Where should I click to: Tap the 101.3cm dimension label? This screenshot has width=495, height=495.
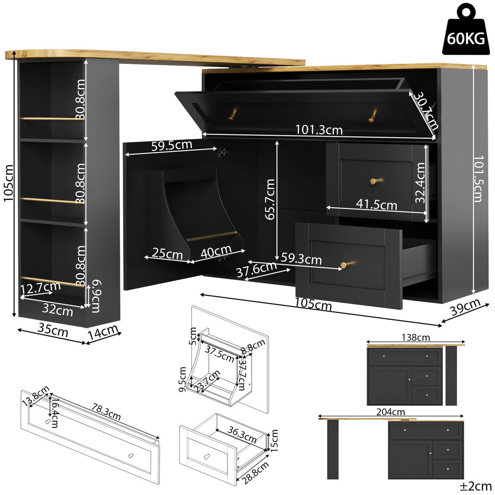tap(319, 130)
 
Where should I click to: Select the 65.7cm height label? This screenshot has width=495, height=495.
tap(270, 199)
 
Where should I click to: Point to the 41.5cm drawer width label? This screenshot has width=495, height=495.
tap(377, 204)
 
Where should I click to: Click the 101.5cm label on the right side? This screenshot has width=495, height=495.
tap(478, 179)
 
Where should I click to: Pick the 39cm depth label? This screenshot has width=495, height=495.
tap(466, 307)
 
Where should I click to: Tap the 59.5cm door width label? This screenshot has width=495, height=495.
tap(172, 146)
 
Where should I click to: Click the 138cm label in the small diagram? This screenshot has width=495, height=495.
tap(415, 337)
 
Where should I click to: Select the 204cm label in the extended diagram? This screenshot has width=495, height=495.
tap(390, 412)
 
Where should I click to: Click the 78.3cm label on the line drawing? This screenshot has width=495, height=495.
tap(106, 412)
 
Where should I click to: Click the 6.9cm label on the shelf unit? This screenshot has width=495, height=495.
tap(96, 296)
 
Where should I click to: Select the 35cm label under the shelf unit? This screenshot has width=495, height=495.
tap(53, 330)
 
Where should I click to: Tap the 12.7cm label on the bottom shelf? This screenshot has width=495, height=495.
tap(40, 287)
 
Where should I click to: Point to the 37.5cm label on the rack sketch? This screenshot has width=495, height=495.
tap(219, 354)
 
